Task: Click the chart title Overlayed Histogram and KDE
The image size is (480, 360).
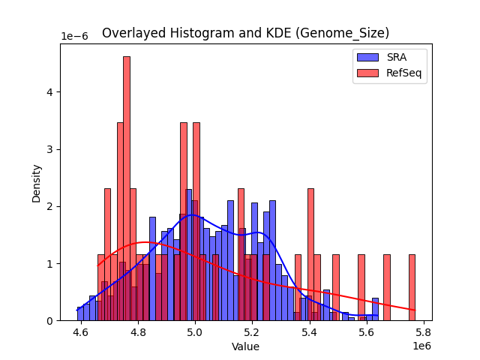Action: pos(245,33)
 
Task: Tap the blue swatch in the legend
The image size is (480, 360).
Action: pos(367,57)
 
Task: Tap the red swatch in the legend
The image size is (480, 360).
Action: pos(367,73)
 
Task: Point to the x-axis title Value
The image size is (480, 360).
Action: pos(245,346)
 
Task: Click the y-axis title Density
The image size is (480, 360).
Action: pos(36,182)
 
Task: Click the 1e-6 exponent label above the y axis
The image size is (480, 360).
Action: pos(75,37)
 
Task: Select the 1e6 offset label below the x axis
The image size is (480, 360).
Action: pos(421,346)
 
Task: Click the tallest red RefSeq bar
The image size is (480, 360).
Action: pos(127,187)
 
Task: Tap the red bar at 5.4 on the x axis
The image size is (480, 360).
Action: pos(310,255)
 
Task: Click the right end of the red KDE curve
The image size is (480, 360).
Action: pos(415,310)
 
